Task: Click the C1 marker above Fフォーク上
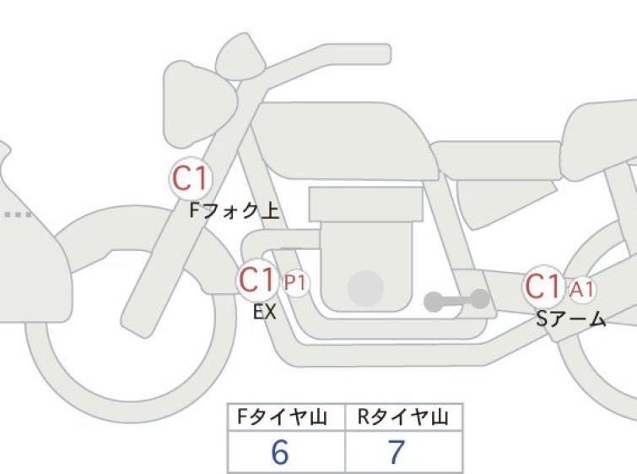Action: (191, 178)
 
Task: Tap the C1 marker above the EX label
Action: (257, 280)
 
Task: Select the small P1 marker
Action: (295, 283)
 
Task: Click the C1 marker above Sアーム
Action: (543, 286)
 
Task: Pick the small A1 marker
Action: (582, 290)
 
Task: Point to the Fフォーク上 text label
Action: (235, 211)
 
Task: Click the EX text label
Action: (265, 313)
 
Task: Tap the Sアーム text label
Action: (571, 319)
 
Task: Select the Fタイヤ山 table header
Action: (282, 417)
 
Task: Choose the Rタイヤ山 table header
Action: (403, 417)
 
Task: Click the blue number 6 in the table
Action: (280, 452)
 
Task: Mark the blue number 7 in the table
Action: (397, 452)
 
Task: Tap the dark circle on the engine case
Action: (366, 288)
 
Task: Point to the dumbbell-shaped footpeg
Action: (456, 301)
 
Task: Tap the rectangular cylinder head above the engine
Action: (365, 204)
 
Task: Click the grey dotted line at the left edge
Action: (18, 215)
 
